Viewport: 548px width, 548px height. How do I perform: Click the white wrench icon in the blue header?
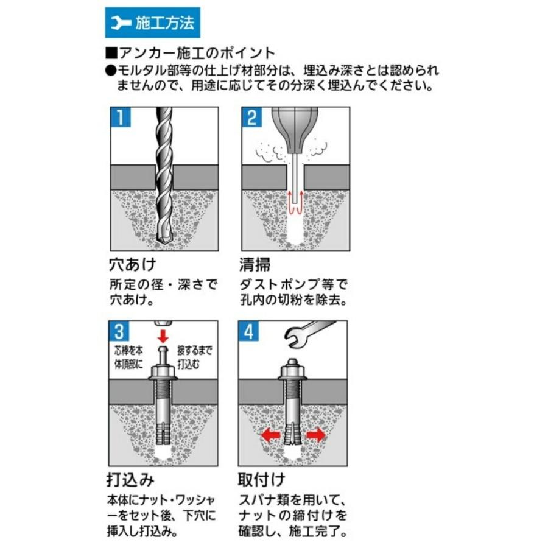pos(120,23)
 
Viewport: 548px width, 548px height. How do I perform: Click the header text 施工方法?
pos(164,23)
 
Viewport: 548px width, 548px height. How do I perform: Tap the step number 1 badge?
pos(120,117)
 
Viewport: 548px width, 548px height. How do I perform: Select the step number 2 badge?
pos(251,117)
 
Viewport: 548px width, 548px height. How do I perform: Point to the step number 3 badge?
pos(119,331)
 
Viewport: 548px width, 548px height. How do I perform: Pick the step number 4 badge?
pos(248,331)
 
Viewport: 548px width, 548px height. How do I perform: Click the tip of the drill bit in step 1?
pos(164,243)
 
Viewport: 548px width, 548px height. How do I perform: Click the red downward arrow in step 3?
pos(163,335)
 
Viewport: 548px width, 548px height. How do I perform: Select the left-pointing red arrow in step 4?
pos(271,435)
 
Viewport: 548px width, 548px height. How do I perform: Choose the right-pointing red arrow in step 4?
pos(315,435)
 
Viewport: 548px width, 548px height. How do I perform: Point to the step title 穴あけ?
pos(133,264)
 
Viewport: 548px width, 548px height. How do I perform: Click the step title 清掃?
pos(255,265)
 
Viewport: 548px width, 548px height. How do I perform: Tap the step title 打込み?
pos(130,480)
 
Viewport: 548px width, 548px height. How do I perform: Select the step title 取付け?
pos(261,480)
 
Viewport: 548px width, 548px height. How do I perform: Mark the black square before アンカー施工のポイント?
pos(111,54)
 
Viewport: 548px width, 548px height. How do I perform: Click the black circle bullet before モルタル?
pos(111,71)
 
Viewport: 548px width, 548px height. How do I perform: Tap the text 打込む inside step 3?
pos(188,364)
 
